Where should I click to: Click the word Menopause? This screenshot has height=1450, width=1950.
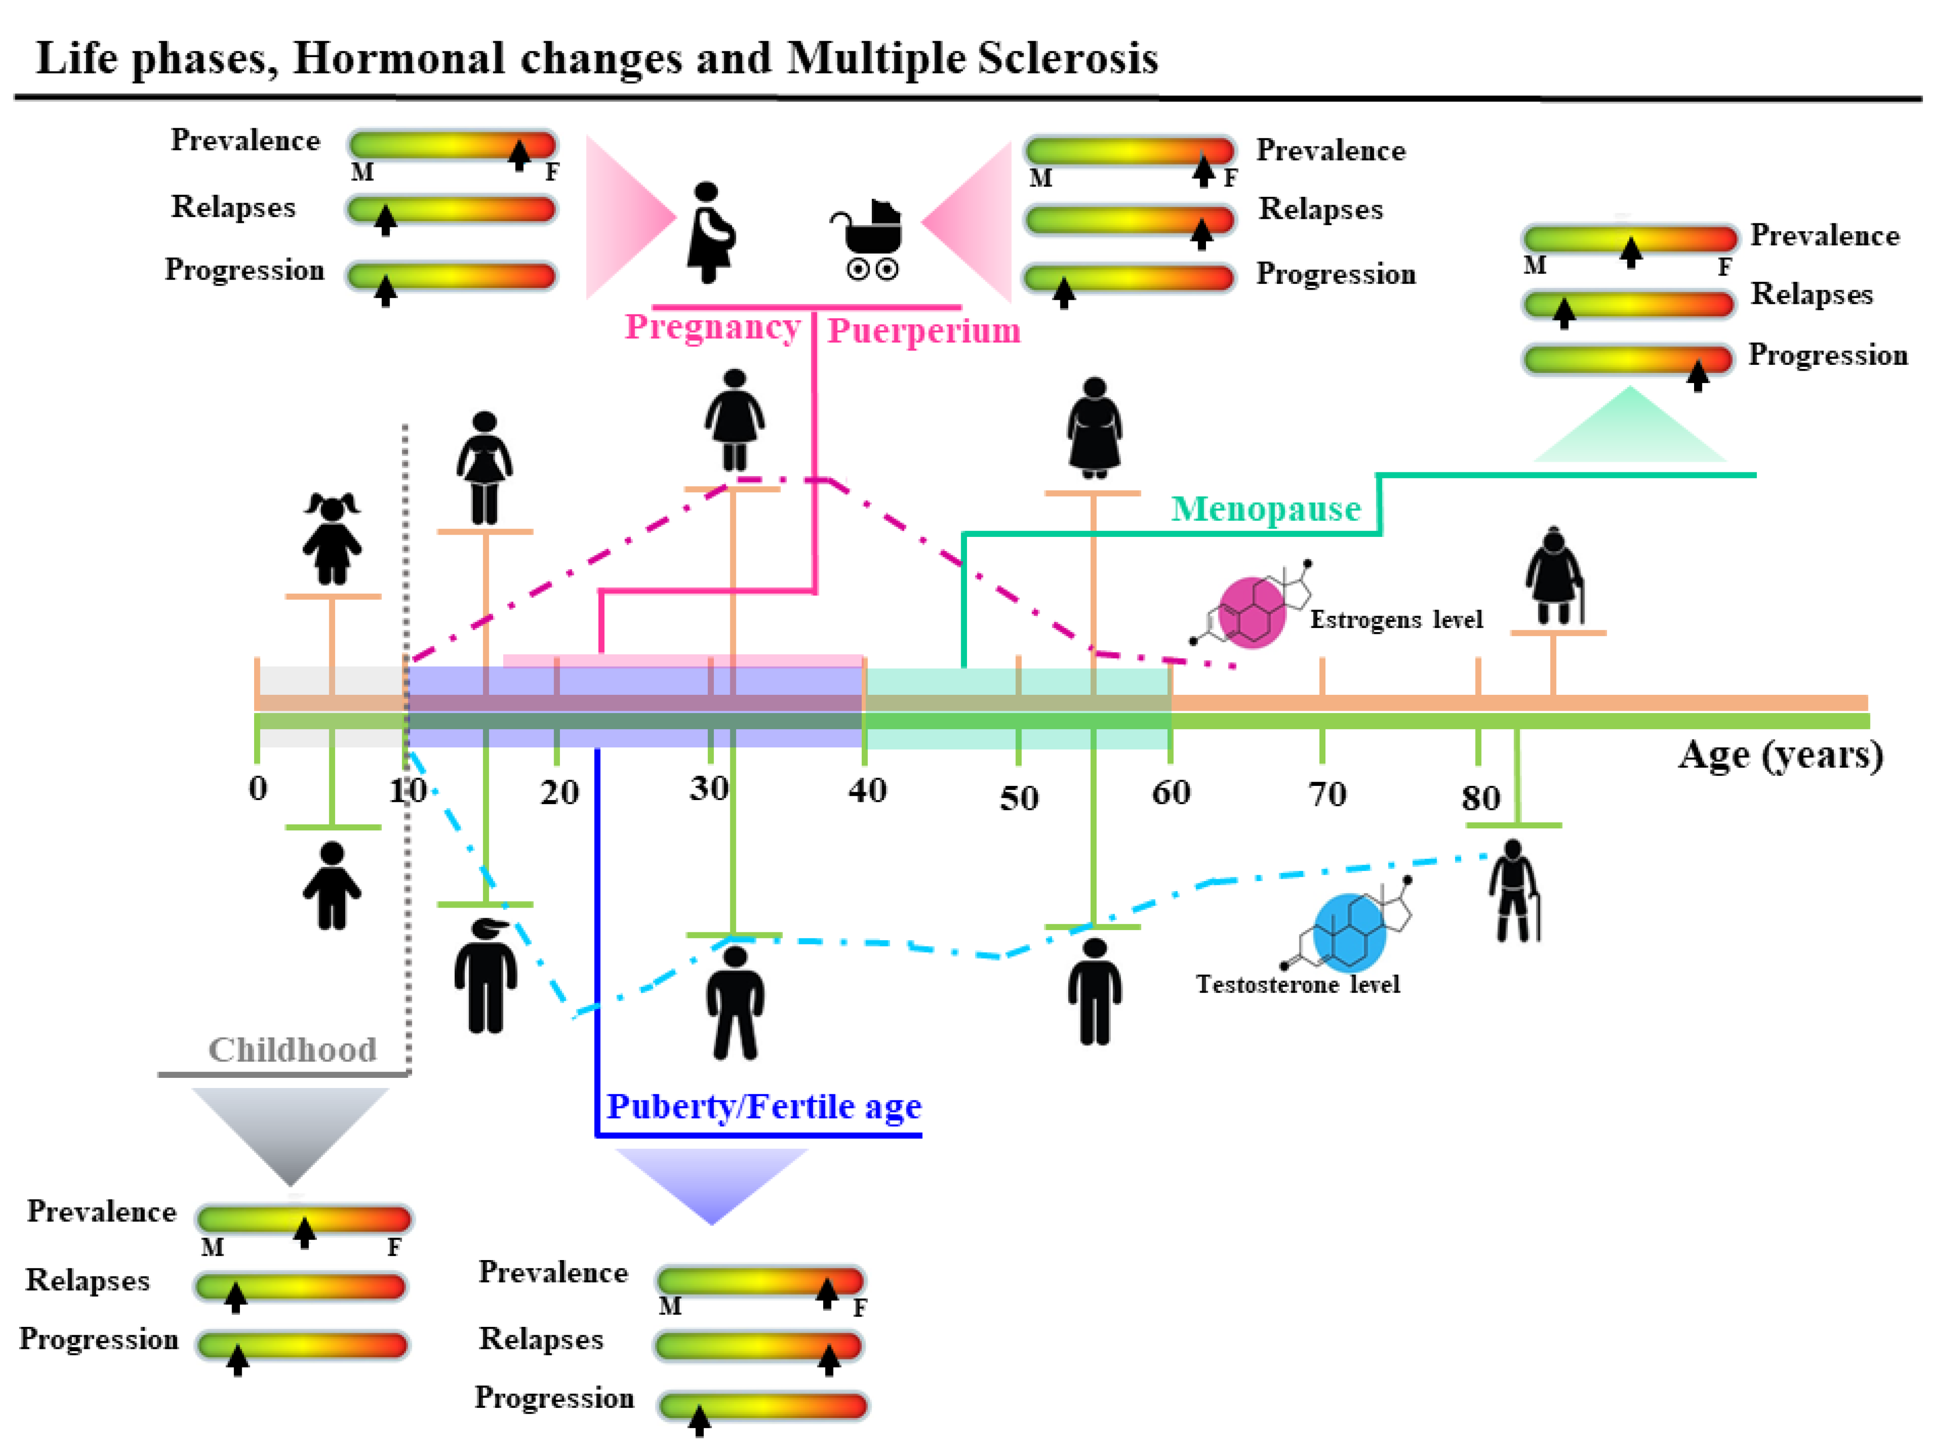tap(1265, 509)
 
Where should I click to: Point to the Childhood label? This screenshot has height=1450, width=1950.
tap(293, 1050)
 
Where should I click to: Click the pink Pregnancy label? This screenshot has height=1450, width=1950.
tap(712, 327)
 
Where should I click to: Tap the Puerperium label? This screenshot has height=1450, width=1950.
tap(923, 331)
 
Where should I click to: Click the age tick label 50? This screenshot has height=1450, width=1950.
tap(1018, 798)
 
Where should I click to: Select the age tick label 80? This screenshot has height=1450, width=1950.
tap(1480, 798)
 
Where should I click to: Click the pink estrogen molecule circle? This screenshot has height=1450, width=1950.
tap(1252, 613)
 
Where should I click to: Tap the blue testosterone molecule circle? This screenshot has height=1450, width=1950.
tap(1349, 933)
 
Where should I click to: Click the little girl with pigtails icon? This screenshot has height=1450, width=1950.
tap(332, 538)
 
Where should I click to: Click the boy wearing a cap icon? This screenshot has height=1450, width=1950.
tap(485, 974)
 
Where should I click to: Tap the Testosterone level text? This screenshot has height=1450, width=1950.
tap(1297, 985)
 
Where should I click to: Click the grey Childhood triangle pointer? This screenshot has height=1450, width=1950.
tap(291, 1132)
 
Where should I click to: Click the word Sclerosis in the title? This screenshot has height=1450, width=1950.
tap(1068, 59)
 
